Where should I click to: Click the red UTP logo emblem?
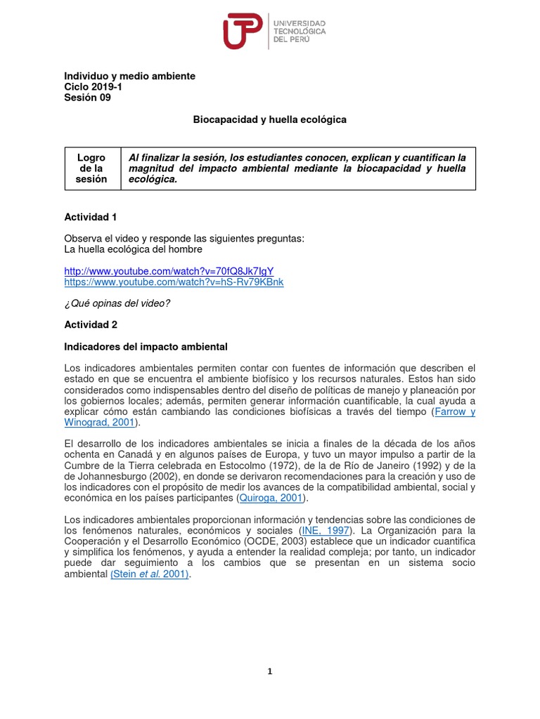pos(243,32)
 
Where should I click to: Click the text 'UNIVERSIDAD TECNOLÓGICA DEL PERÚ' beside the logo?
pos(299,32)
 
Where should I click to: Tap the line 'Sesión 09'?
pos(87,98)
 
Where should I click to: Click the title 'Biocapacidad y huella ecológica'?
pos(270,120)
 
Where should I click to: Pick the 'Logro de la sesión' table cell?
pos(91,169)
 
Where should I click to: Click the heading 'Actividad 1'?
pos(91,217)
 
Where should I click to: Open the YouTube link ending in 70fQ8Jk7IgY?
pos(169,271)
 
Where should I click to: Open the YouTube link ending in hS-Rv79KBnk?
pos(174,282)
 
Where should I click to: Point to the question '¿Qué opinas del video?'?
pos(117,303)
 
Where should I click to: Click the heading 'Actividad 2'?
pos(91,325)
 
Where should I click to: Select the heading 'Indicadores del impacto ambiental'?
pos(146,347)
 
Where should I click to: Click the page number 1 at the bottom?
pos(269,671)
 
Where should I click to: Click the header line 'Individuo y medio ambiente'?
pos(129,76)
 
